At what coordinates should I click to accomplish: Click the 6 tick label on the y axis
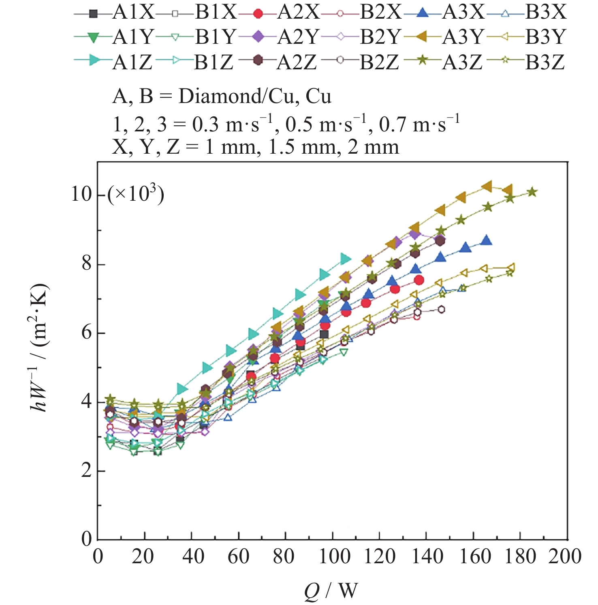coord(86,333)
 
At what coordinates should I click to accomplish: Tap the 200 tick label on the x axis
coord(565,557)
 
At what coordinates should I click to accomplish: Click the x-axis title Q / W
coord(331,591)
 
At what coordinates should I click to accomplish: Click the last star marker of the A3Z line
coord(532,192)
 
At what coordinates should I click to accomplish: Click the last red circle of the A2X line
coord(419,280)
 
